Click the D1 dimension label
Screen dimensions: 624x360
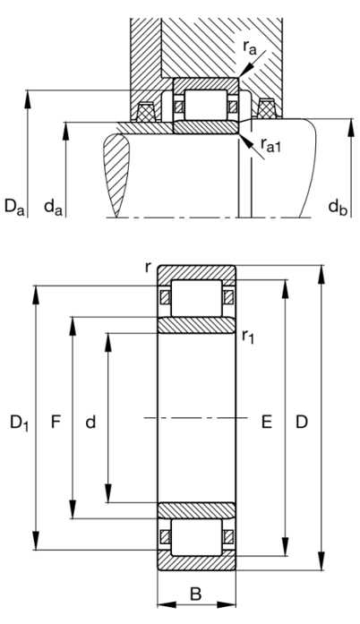(x=16, y=421)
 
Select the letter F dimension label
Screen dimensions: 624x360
(x=56, y=421)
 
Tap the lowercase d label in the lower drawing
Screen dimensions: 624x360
(x=90, y=421)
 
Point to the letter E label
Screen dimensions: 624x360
(x=266, y=421)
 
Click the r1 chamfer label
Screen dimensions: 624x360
(x=248, y=336)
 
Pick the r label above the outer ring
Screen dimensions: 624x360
(x=147, y=268)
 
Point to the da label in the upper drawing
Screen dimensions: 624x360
(x=55, y=209)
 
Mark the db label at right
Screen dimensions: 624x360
(x=337, y=209)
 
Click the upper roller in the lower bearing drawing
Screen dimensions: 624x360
(x=196, y=297)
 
